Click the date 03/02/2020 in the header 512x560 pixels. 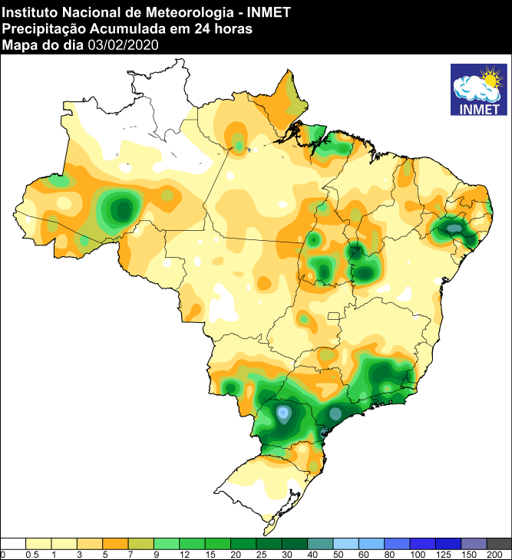(123, 45)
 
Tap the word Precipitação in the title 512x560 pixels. (43, 29)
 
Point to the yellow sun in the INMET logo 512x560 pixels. (489, 78)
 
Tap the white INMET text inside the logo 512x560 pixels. (479, 108)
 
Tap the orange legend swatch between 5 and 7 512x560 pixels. (116, 543)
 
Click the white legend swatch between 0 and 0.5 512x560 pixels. (14, 543)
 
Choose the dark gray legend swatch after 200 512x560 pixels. (499, 543)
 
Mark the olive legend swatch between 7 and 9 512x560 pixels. (141, 543)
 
